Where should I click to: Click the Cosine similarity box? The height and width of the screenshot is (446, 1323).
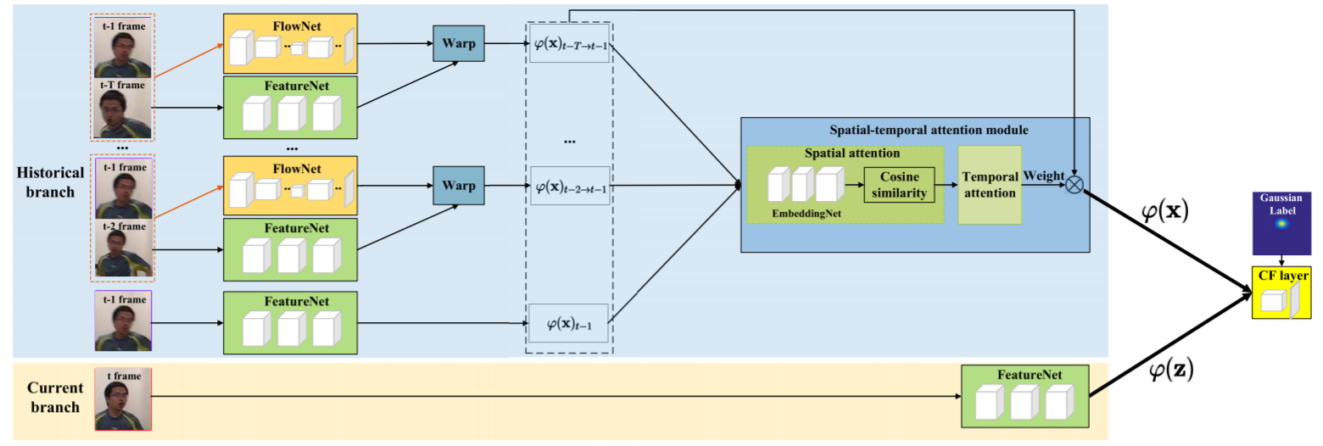(x=899, y=184)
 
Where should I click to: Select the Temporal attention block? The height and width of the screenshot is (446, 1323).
(x=988, y=184)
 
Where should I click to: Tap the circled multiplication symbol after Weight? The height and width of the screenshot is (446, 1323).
(x=1075, y=184)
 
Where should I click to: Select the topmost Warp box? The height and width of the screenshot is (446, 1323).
(x=458, y=43)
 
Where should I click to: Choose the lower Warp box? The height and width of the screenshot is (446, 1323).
(x=458, y=186)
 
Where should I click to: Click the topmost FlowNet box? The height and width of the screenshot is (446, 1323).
(x=290, y=44)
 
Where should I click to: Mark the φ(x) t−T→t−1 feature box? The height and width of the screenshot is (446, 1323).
(x=568, y=44)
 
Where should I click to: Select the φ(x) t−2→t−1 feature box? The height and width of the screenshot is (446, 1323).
(x=568, y=186)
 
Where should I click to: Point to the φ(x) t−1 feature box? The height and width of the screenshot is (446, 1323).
(x=568, y=323)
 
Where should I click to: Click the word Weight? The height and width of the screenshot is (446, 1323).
(x=1043, y=174)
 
